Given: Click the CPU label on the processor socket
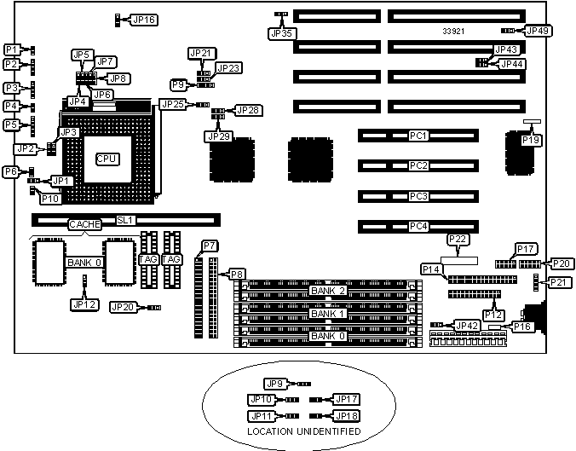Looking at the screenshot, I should click(x=107, y=159).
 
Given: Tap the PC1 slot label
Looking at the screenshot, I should click(x=418, y=136).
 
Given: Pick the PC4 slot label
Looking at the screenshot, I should click(x=418, y=226).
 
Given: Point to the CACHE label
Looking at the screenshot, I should click(x=85, y=225).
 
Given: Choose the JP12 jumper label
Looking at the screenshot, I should click(x=83, y=304).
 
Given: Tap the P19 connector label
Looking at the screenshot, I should click(x=532, y=140).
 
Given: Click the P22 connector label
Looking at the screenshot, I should click(x=457, y=240).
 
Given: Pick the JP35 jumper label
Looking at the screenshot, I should click(x=280, y=34).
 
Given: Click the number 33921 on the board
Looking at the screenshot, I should click(x=453, y=32).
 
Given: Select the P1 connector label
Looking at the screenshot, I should click(x=12, y=49).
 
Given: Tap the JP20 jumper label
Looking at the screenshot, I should click(x=123, y=307).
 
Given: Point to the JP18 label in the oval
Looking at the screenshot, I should click(x=345, y=415).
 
